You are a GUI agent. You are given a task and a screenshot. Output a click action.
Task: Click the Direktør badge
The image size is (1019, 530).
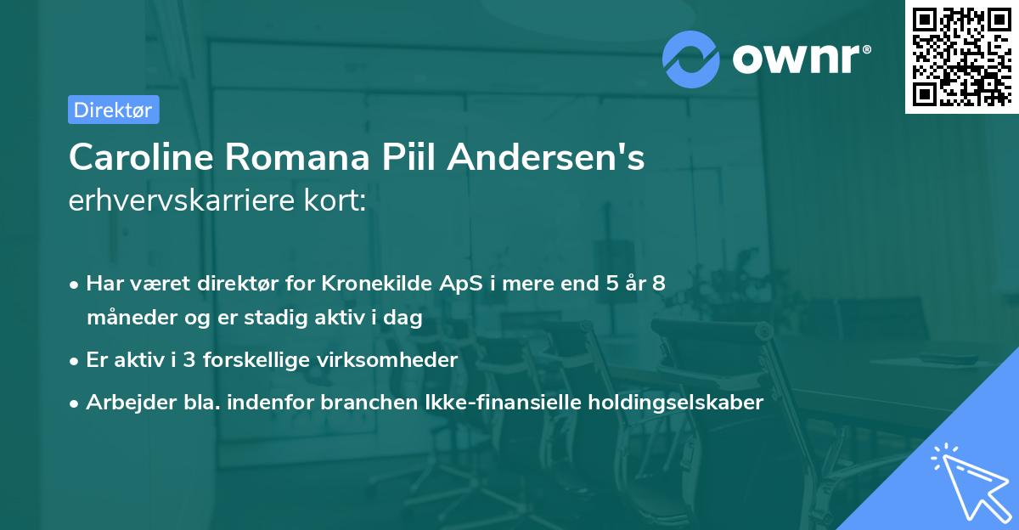coord(113,110)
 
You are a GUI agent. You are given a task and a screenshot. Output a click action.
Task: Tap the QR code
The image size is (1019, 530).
coord(960,56)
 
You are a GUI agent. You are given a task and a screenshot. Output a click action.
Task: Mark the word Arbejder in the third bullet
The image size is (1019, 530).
coord(122,402)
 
